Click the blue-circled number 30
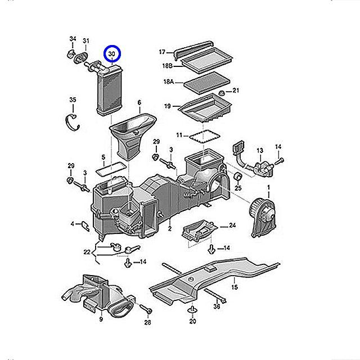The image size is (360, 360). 112,54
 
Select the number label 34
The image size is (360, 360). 73,39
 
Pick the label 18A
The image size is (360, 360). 168,82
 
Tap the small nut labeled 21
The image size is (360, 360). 222,92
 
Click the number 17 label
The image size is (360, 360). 162,52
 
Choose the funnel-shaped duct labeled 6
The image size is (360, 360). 132,133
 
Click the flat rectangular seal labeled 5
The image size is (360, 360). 111,166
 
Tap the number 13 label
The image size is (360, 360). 260,151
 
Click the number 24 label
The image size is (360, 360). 232,226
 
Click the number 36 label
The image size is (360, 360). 217,306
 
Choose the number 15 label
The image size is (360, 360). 235,287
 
